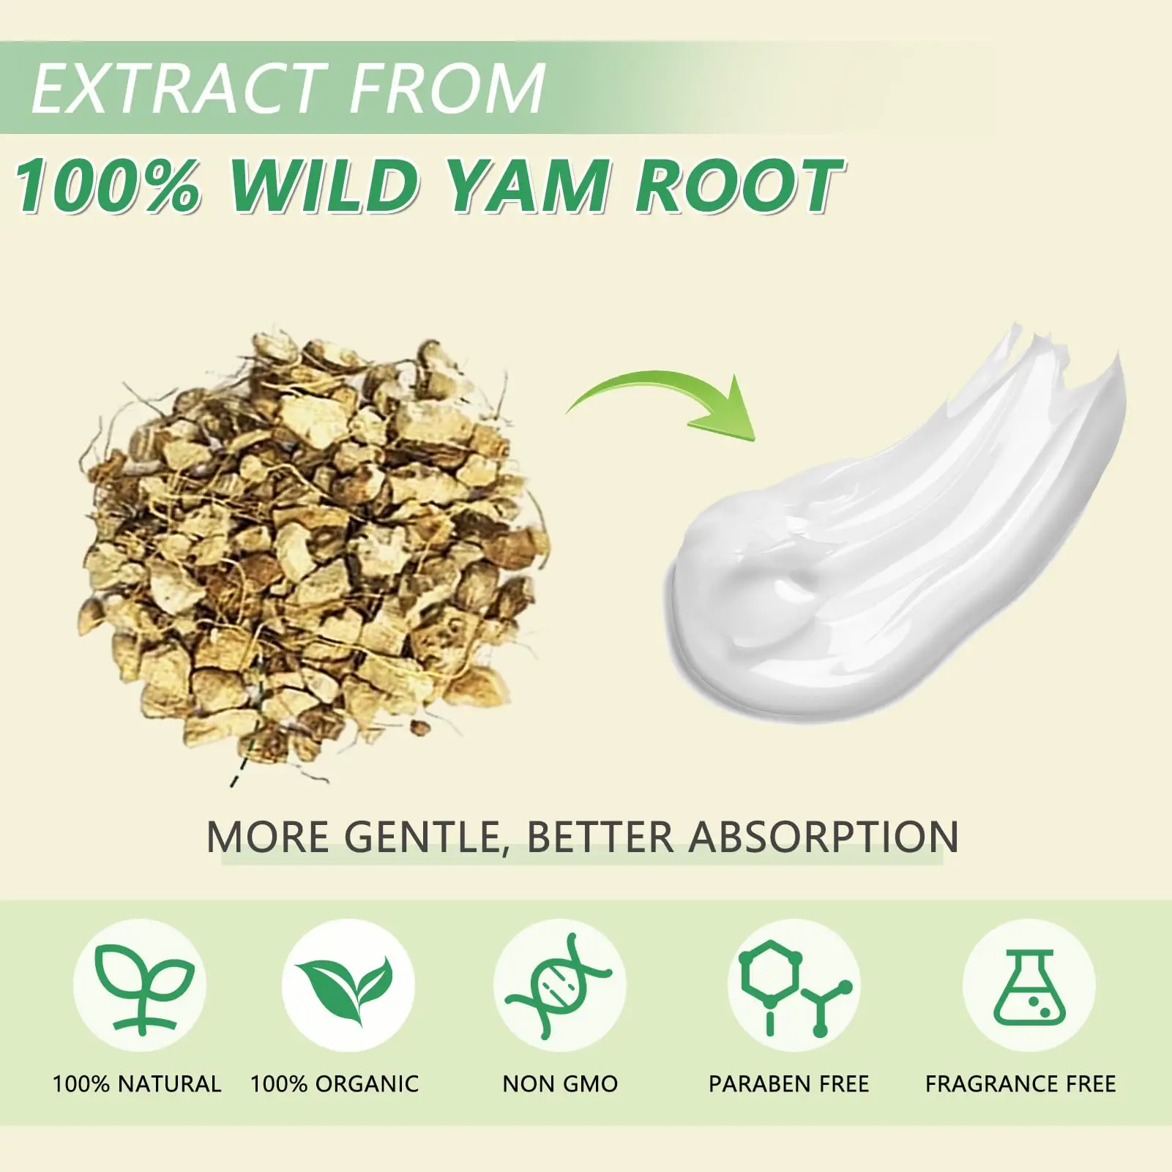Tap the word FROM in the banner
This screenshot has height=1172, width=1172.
(x=448, y=89)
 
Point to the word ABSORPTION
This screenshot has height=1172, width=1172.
(x=824, y=837)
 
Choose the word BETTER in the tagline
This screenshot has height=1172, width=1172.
(x=600, y=837)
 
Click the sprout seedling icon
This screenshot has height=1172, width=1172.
(x=140, y=985)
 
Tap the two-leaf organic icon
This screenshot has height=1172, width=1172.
(x=348, y=985)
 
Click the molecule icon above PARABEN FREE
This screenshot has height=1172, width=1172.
(x=794, y=985)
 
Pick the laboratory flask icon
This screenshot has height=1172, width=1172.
(x=1029, y=985)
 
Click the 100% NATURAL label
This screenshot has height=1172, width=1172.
(x=137, y=1084)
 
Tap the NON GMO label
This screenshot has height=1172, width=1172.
(x=560, y=1084)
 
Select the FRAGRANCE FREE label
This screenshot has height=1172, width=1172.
(x=1020, y=1084)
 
